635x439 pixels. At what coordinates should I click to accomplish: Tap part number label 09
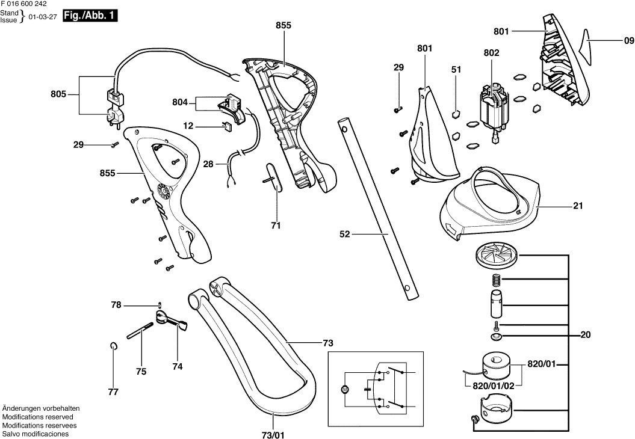tap(628, 41)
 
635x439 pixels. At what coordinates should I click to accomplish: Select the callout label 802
tap(491, 53)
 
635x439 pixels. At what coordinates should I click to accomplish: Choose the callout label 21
tap(578, 206)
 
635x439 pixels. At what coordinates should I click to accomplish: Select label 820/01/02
tap(493, 385)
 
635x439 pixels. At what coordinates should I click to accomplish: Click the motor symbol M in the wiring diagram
tap(345, 390)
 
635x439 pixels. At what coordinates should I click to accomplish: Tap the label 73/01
tap(273, 435)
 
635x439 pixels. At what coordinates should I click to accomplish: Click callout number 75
tap(141, 372)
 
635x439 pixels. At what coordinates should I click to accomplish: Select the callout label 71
tap(276, 227)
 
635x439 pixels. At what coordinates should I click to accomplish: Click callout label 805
tap(58, 94)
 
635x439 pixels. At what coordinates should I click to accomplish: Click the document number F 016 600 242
tap(25, 4)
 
